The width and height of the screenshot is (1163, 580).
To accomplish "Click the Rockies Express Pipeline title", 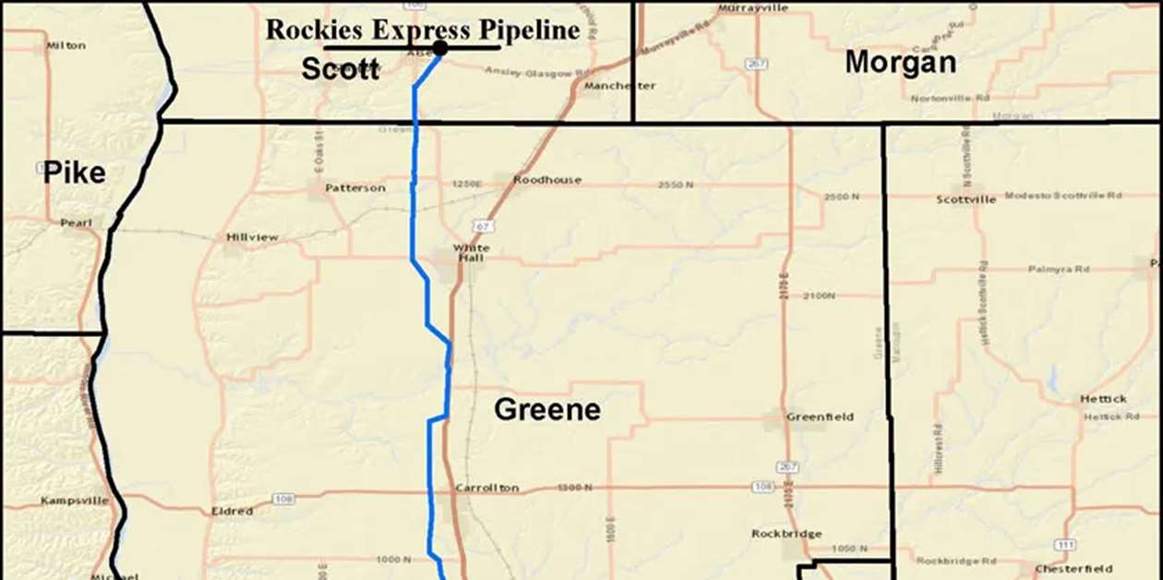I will click(423, 30).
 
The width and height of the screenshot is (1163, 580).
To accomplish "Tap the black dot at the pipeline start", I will click(440, 48).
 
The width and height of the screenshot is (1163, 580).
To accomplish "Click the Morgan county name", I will click(900, 62).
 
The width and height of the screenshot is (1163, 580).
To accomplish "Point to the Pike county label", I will click(75, 173).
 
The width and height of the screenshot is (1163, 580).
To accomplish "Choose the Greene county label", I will click(547, 409).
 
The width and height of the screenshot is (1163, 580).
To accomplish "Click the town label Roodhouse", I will click(547, 180).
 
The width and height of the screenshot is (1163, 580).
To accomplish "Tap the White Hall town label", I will click(471, 253).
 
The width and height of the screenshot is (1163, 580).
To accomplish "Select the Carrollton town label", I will click(486, 488).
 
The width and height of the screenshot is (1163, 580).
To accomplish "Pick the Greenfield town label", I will click(820, 417).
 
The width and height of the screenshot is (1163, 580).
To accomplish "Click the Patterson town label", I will click(354, 187).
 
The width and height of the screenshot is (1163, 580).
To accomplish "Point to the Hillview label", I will click(252, 237).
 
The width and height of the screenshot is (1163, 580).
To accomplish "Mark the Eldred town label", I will click(232, 511).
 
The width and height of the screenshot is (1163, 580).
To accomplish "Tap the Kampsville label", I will click(75, 501).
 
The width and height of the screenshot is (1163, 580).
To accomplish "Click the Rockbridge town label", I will click(786, 534).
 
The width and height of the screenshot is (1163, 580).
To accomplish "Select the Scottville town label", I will click(966, 199).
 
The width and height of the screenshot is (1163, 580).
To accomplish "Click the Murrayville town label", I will click(753, 8).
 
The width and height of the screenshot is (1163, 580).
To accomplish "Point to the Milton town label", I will click(66, 45).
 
